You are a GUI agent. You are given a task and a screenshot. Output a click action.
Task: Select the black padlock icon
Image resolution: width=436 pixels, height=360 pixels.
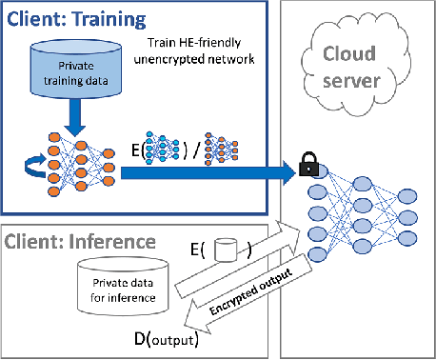(307, 168)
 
